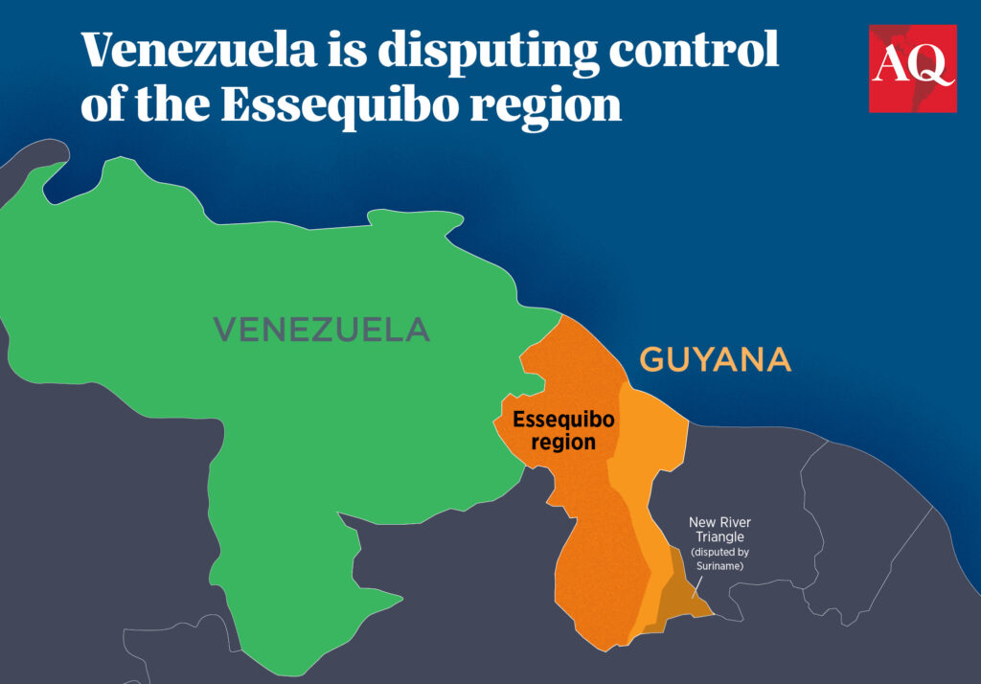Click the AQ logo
click(912, 68)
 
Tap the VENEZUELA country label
click(321, 331)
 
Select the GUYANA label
click(715, 360)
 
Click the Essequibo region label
click(563, 431)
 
